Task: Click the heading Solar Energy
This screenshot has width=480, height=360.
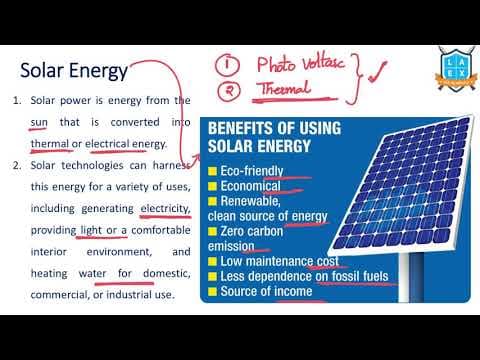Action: pos(74,71)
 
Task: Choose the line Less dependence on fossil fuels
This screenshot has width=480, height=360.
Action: pos(296,276)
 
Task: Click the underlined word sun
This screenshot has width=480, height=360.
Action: pos(40,122)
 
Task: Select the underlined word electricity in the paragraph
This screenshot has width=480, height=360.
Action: pos(166,208)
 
